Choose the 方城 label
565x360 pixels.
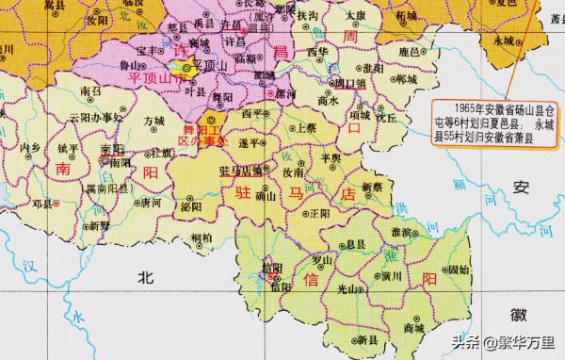pyautogui.click(x=154, y=122)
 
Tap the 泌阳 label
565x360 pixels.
pyautogui.click(x=191, y=205)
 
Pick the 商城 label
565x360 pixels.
pyautogui.click(x=412, y=328)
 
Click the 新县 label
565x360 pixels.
pyautogui.click(x=353, y=338)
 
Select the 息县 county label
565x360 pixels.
pyautogui.click(x=356, y=243)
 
